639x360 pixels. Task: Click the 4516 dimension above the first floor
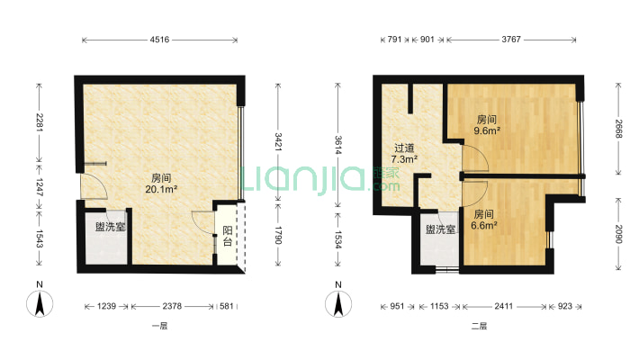pyautogui.click(x=160, y=40)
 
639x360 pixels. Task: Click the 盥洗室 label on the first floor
pyautogui.click(x=110, y=227)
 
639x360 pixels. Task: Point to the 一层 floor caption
pyautogui.click(x=160, y=326)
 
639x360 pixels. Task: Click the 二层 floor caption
pyautogui.click(x=478, y=326)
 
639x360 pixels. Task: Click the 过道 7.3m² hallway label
pyautogui.click(x=403, y=154)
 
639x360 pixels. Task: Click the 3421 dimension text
pyautogui.click(x=277, y=141)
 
